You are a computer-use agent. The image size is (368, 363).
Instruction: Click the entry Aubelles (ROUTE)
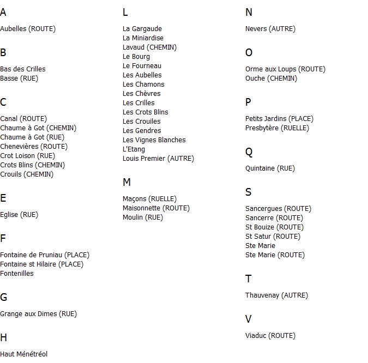(28, 29)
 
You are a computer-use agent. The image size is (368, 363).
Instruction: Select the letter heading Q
(249, 152)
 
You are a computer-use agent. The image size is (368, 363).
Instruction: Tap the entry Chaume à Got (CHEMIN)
(38, 128)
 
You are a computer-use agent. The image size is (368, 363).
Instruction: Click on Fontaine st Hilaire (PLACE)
(41, 264)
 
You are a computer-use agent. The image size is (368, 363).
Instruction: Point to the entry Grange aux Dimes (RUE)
(38, 314)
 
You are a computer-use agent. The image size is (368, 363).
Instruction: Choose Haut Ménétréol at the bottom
(23, 354)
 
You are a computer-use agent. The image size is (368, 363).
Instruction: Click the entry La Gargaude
(142, 29)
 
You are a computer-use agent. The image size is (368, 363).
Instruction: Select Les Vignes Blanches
(154, 140)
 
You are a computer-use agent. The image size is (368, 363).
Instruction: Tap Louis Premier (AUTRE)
(158, 159)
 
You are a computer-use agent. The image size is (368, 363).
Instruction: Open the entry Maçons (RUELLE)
(149, 199)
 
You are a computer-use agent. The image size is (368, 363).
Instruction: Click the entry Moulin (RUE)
(143, 217)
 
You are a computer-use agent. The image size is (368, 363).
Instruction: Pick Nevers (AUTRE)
(270, 29)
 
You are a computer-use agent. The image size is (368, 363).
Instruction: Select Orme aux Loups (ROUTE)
(285, 69)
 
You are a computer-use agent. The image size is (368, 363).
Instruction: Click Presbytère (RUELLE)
(277, 128)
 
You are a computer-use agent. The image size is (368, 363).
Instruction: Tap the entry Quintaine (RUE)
(270, 168)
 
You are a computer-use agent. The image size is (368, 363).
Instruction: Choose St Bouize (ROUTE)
(274, 227)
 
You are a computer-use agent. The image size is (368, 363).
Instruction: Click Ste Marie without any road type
(260, 246)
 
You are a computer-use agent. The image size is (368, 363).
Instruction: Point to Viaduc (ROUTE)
(270, 336)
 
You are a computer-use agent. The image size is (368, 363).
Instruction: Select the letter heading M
(126, 183)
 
